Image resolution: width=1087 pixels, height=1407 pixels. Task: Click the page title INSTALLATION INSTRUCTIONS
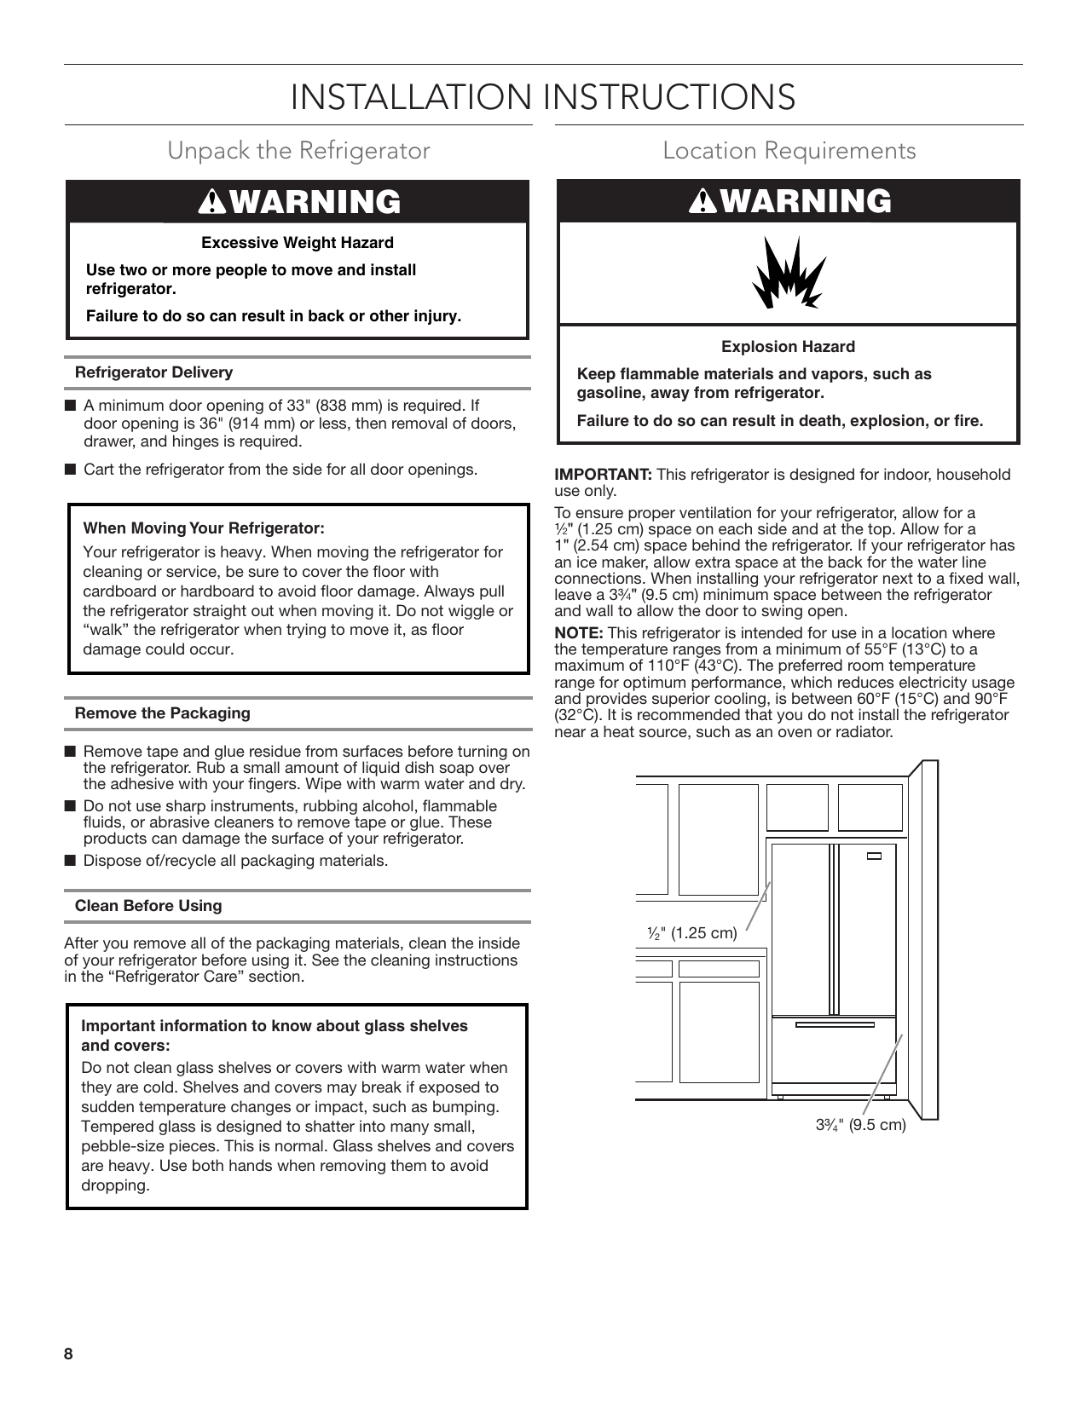point(543,97)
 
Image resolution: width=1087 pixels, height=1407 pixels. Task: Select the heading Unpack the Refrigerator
point(298,151)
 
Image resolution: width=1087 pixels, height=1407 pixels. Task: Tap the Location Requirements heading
point(789,151)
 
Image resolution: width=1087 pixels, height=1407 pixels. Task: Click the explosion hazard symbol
point(789,273)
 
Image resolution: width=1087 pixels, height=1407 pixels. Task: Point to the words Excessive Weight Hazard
point(298,243)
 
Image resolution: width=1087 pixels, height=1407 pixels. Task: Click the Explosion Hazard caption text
point(788,347)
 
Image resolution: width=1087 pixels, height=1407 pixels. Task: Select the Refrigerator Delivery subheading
point(153,372)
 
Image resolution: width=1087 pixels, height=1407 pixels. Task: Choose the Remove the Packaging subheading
point(163,713)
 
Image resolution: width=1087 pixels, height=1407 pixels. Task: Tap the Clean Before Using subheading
point(148,906)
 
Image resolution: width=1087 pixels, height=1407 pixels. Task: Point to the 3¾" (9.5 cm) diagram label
point(860,1125)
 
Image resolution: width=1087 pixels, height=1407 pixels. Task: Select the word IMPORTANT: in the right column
point(603,475)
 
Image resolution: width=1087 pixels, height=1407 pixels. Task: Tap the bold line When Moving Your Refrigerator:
point(204,528)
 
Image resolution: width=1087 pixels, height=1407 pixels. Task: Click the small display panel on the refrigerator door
point(874,857)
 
